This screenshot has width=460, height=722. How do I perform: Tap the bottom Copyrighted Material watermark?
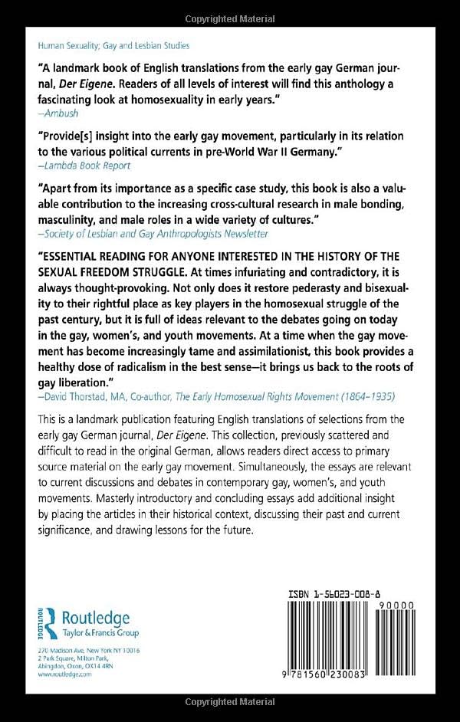click(229, 703)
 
